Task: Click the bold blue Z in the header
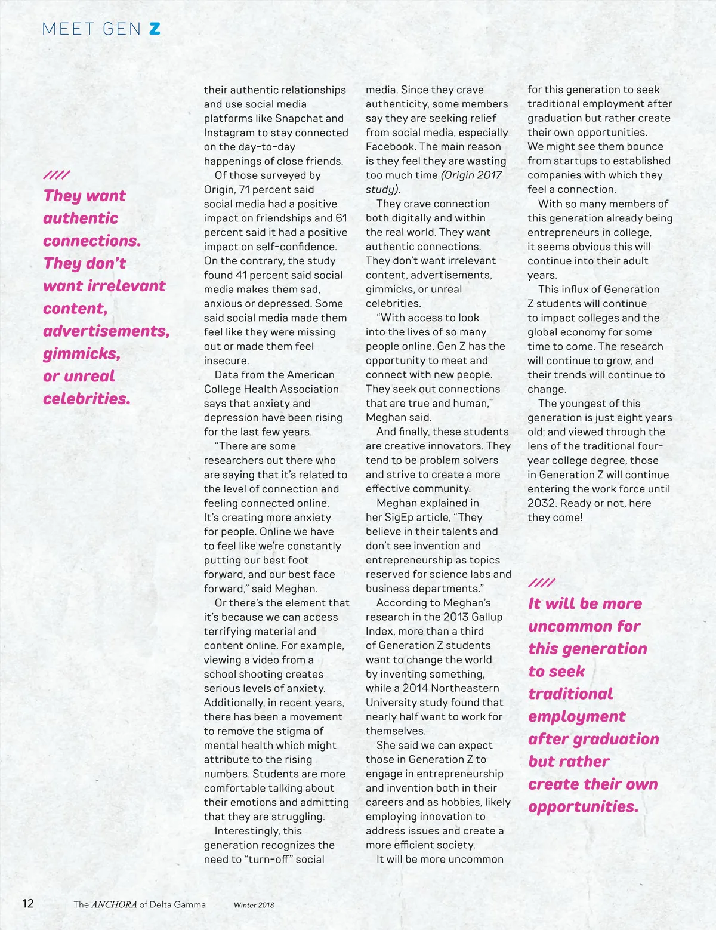tap(155, 29)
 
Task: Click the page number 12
tap(28, 903)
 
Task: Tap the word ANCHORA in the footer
tap(113, 904)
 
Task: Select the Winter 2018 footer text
tap(254, 904)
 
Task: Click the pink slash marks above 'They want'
tap(56, 175)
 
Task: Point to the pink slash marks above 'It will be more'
tap(541, 583)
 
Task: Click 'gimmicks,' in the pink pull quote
tap(82, 353)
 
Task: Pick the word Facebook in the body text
tap(391, 147)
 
